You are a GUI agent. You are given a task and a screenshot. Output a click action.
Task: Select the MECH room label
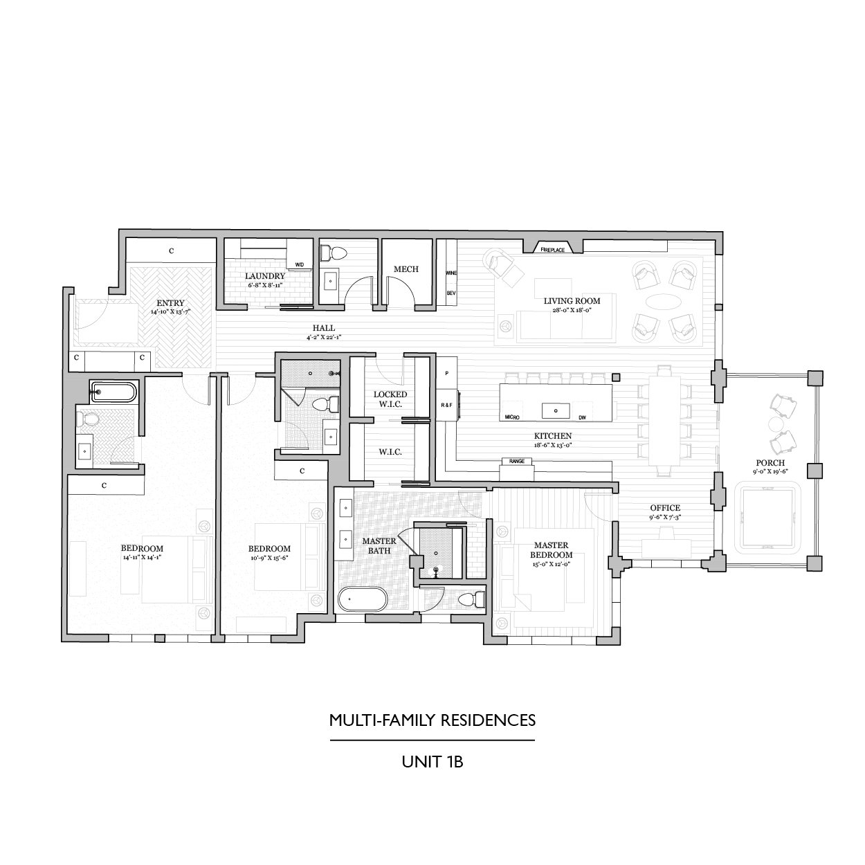pos(406,269)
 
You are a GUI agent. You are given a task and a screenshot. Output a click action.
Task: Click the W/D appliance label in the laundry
pos(300,264)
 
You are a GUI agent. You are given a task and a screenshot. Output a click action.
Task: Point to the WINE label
pos(451,273)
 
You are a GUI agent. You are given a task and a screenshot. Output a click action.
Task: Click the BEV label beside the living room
pos(451,293)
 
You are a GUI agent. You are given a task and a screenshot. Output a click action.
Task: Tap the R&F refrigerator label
pos(446,404)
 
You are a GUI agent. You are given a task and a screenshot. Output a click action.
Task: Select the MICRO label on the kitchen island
pos(512,417)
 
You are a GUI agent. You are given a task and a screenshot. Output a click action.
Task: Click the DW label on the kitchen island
pos(581,417)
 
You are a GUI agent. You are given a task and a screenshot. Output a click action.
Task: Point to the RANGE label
pos(517,461)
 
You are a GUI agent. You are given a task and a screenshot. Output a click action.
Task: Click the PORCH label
pos(770,463)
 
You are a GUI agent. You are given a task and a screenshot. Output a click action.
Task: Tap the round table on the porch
pos(773,424)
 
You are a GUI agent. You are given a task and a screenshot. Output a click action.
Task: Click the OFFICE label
pos(664,508)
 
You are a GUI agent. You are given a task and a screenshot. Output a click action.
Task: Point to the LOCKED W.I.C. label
pos(390,399)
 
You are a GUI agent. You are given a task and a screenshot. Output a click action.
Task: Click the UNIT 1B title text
pos(432,763)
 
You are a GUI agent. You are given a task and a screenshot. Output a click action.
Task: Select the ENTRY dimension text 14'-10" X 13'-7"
pos(170,312)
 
